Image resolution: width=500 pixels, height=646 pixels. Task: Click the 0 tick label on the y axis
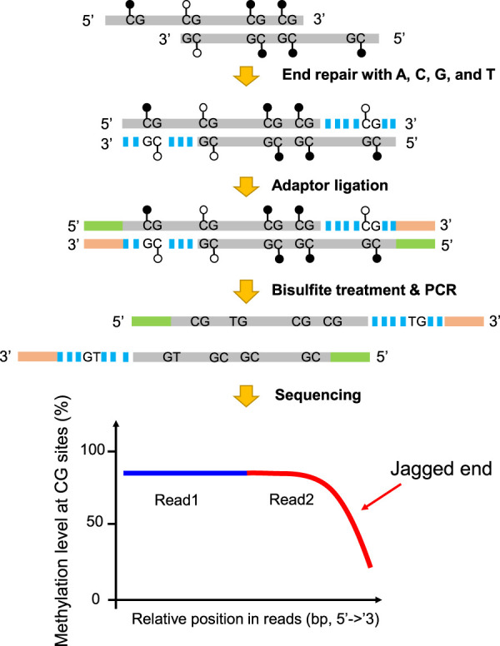(x=106, y=599)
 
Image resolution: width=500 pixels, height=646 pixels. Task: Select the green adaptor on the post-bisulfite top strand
(x=151, y=320)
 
